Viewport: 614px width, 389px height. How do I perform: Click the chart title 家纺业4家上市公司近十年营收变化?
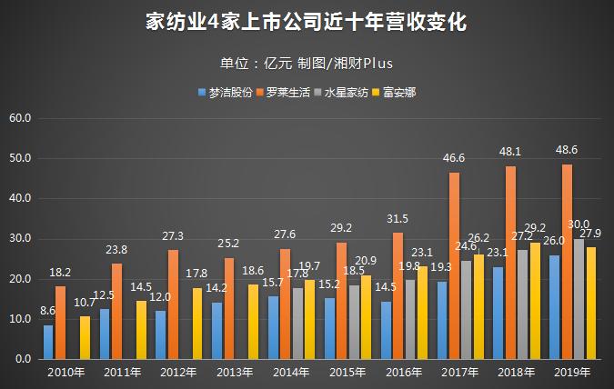pyautogui.click(x=307, y=23)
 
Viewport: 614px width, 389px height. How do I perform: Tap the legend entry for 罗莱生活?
pyautogui.click(x=287, y=93)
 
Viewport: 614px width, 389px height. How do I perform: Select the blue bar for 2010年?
pyautogui.click(x=48, y=342)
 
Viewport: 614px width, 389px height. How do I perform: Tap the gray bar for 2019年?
pyautogui.click(x=579, y=299)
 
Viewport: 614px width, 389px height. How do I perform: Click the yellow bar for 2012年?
pyautogui.click(x=197, y=323)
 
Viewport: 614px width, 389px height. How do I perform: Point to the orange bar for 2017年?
pyautogui.click(x=454, y=265)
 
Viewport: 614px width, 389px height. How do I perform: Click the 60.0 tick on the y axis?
pyautogui.click(x=20, y=118)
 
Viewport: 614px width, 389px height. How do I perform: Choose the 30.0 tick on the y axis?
pyautogui.click(x=20, y=238)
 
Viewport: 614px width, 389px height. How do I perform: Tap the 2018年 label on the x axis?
pyautogui.click(x=516, y=373)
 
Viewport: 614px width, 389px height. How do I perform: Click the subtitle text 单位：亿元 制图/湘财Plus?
pyautogui.click(x=307, y=63)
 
